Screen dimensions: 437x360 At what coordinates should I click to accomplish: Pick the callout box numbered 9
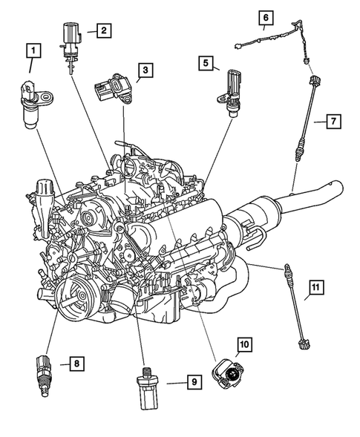click(x=193, y=382)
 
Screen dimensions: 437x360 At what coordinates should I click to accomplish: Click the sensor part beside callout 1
click(x=36, y=105)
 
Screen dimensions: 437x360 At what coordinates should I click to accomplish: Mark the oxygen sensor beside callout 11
click(x=295, y=303)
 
